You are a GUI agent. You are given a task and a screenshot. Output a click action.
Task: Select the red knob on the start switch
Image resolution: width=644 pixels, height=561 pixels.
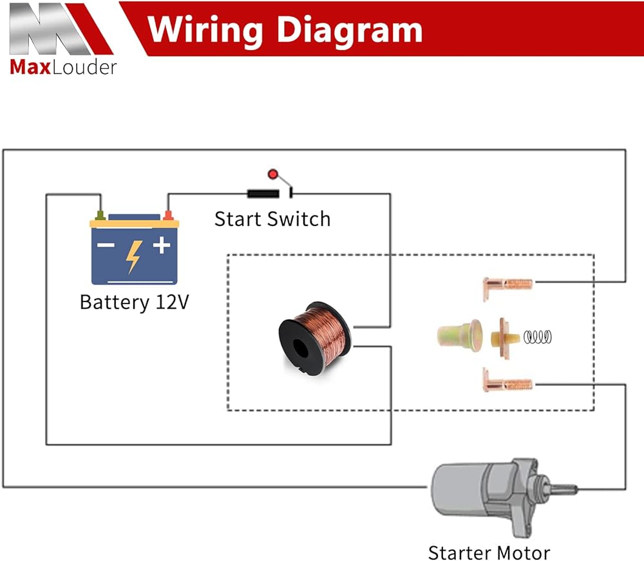(273, 174)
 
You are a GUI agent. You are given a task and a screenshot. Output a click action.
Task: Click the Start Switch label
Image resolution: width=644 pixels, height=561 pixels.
(272, 219)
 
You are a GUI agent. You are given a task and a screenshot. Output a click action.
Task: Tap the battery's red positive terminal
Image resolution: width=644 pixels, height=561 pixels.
(168, 214)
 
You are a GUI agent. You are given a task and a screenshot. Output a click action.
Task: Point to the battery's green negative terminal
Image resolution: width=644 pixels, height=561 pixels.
(100, 214)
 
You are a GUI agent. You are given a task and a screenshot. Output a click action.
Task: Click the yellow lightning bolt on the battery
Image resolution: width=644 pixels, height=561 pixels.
(133, 255)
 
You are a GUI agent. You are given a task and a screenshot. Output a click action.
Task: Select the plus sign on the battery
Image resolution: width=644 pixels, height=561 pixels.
(161, 245)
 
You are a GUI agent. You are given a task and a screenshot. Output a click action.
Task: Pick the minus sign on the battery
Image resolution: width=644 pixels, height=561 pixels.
(106, 245)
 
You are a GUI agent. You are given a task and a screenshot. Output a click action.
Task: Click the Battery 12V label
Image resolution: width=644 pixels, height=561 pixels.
(134, 302)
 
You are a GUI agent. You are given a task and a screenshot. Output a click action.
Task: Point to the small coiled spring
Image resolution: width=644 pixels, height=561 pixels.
(538, 336)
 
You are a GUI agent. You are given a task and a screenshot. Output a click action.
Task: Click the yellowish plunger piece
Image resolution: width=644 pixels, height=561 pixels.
(459, 336)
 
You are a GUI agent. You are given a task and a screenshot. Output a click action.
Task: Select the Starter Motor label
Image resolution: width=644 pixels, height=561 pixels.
(489, 552)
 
